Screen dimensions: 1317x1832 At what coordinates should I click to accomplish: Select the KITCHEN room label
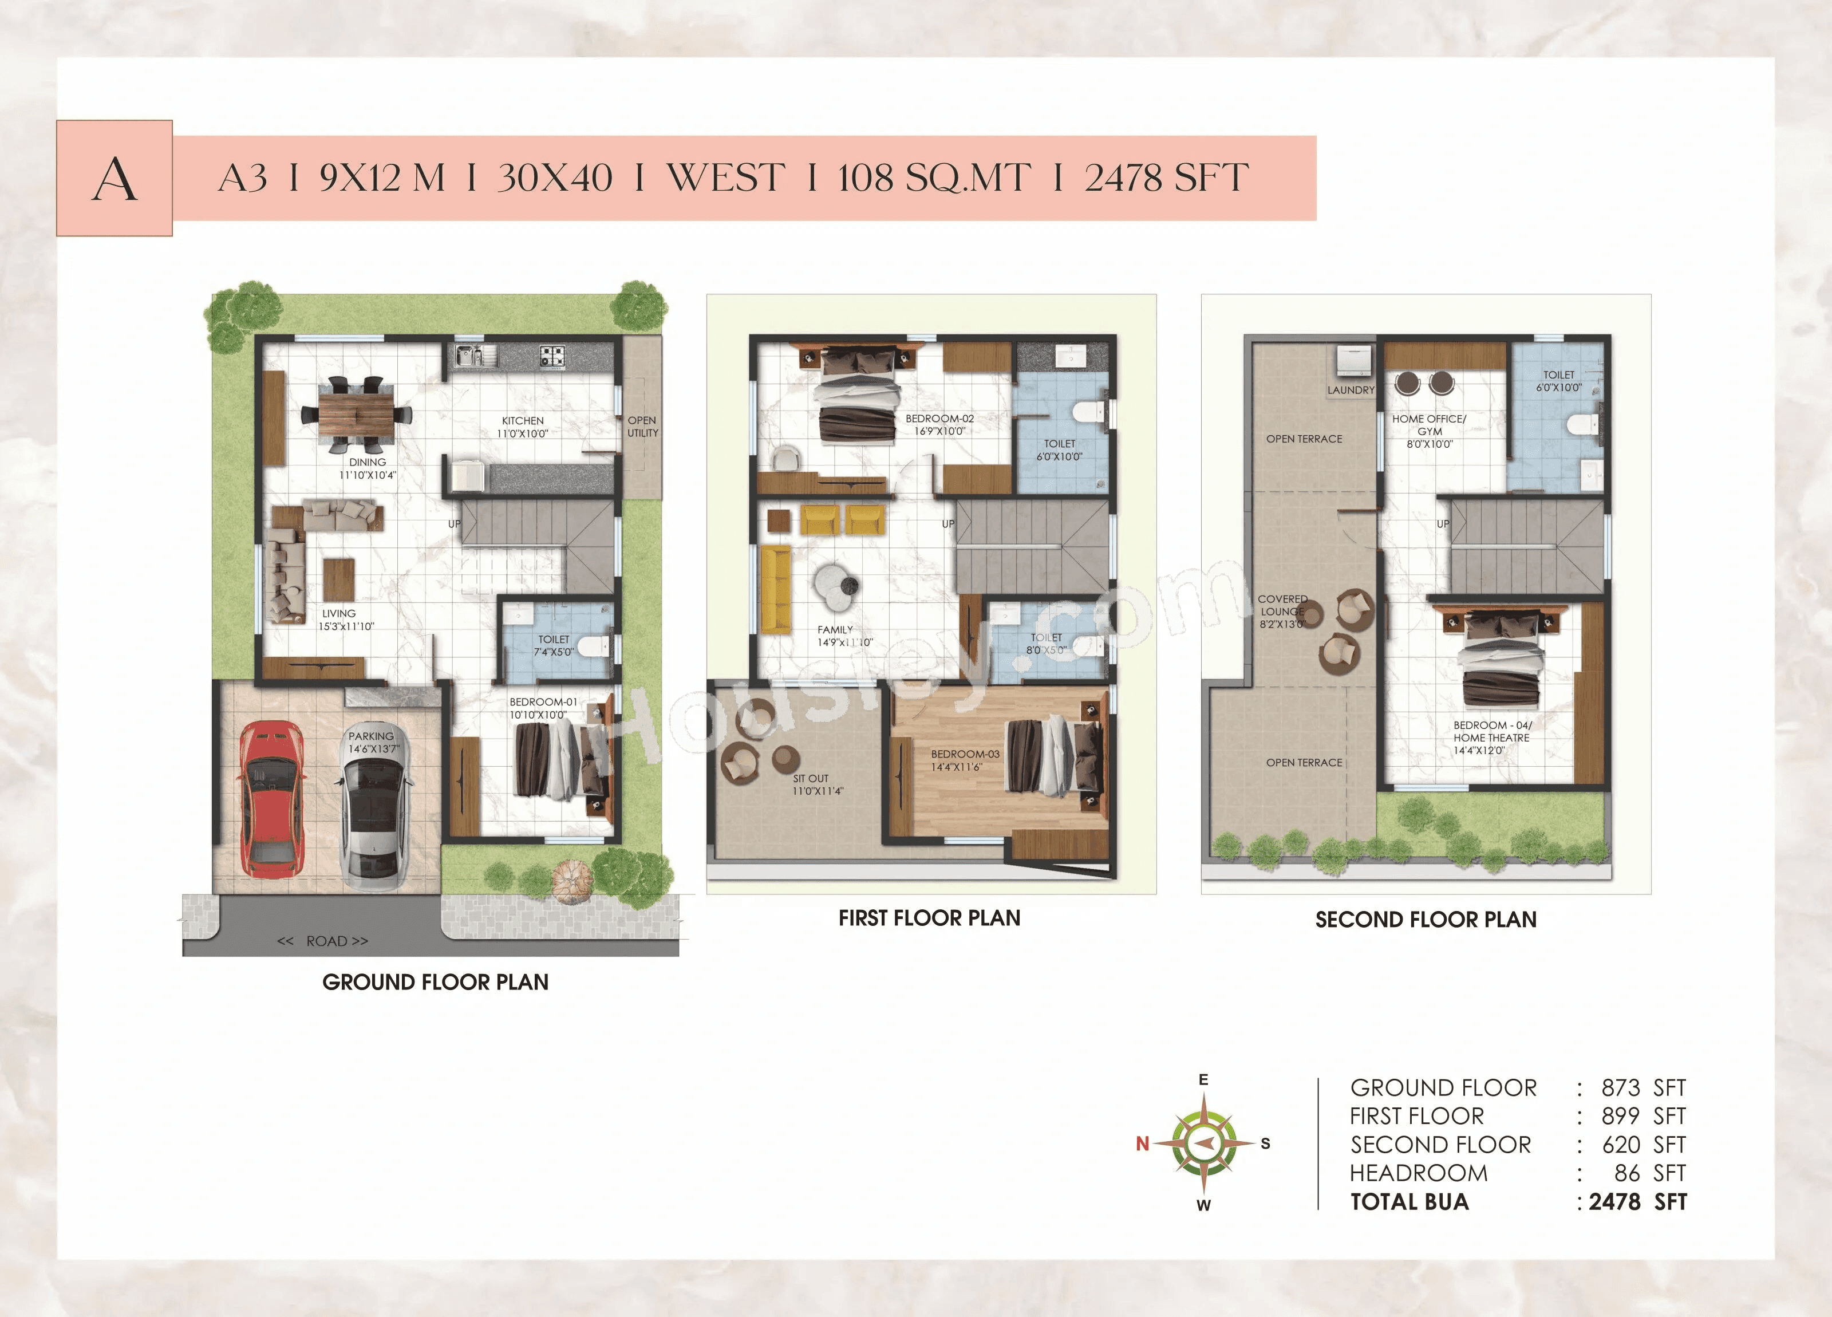523,421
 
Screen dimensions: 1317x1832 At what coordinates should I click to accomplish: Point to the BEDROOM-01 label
543,702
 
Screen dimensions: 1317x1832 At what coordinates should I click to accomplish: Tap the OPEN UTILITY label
642,427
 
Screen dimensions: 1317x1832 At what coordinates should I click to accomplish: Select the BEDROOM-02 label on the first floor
939,419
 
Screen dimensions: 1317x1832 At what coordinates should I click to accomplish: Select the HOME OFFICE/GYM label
1428,425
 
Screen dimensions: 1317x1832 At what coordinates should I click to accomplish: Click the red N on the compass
1142,1143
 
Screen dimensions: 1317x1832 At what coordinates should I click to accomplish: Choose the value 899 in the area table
1620,1116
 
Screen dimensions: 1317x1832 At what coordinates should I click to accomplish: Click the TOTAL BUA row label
1409,1201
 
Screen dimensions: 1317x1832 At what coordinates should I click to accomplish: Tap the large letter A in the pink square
114,179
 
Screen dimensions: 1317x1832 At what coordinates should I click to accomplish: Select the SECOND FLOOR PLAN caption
1426,920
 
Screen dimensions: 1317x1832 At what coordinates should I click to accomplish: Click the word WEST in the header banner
725,178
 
